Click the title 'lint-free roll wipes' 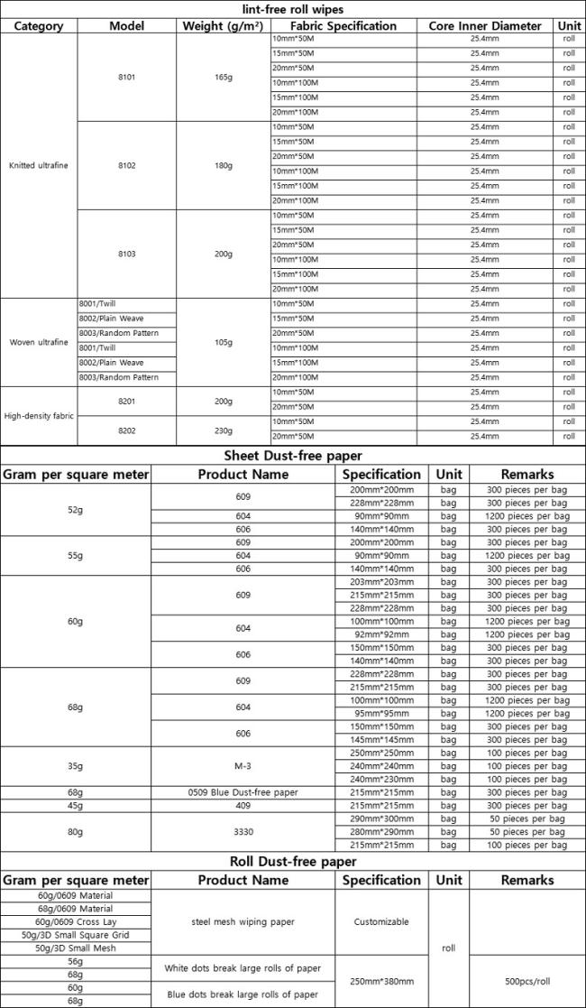pyautogui.click(x=293, y=9)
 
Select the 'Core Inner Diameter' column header pyautogui.click(x=485, y=25)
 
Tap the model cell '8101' pyautogui.click(x=126, y=77)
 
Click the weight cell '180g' pyautogui.click(x=224, y=165)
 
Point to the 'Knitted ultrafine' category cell pyautogui.click(x=39, y=165)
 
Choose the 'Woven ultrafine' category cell pyautogui.click(x=39, y=342)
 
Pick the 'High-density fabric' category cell pyautogui.click(x=39, y=415)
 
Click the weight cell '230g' pyautogui.click(x=224, y=430)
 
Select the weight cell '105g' pyautogui.click(x=224, y=342)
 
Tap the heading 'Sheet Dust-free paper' pyautogui.click(x=293, y=456)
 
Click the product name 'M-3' pyautogui.click(x=243, y=766)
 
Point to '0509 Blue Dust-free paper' pyautogui.click(x=243, y=792)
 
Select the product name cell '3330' pyautogui.click(x=243, y=832)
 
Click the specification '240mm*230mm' pyautogui.click(x=381, y=780)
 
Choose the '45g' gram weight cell pyautogui.click(x=75, y=806)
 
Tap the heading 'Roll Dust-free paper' pyautogui.click(x=293, y=862)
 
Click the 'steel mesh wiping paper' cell pyautogui.click(x=243, y=921)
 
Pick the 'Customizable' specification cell pyautogui.click(x=381, y=921)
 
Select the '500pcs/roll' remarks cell pyautogui.click(x=527, y=981)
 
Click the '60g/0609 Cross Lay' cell pyautogui.click(x=75, y=921)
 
